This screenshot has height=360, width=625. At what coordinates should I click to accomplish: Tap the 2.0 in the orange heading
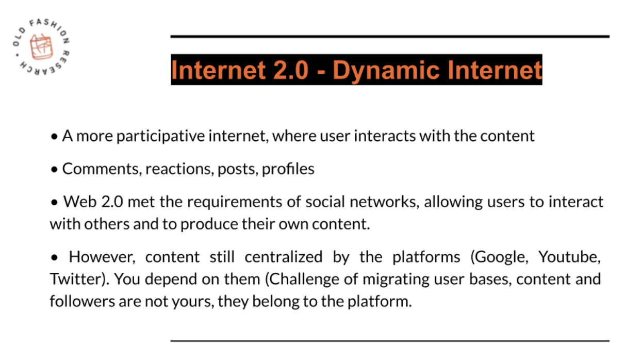[x=290, y=70]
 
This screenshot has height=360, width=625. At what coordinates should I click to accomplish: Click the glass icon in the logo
[x=41, y=47]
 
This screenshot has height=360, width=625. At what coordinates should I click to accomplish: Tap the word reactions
[x=179, y=169]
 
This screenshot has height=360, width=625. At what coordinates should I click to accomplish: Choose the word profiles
[x=288, y=169]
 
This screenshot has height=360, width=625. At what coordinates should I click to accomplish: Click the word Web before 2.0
[x=80, y=202]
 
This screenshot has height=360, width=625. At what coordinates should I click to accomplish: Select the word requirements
[x=235, y=202]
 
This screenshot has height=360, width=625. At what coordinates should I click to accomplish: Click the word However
[x=102, y=257]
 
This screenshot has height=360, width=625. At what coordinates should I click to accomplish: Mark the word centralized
[x=284, y=257]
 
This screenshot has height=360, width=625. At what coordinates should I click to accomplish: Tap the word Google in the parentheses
[x=501, y=257]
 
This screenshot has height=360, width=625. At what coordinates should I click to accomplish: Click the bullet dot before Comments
[x=55, y=169]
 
